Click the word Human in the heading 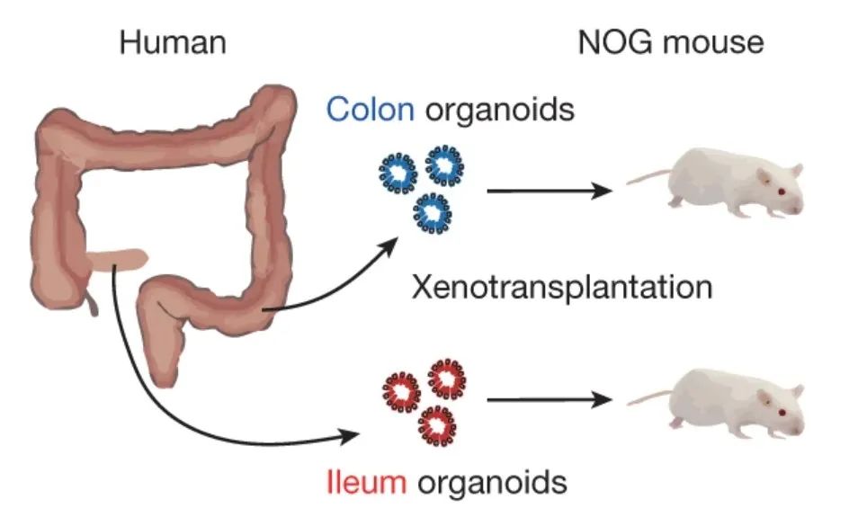[171, 42]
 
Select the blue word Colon [370, 111]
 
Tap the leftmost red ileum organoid [399, 388]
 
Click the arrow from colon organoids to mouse [549, 191]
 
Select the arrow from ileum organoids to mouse [549, 398]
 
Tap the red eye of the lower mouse [780, 411]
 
